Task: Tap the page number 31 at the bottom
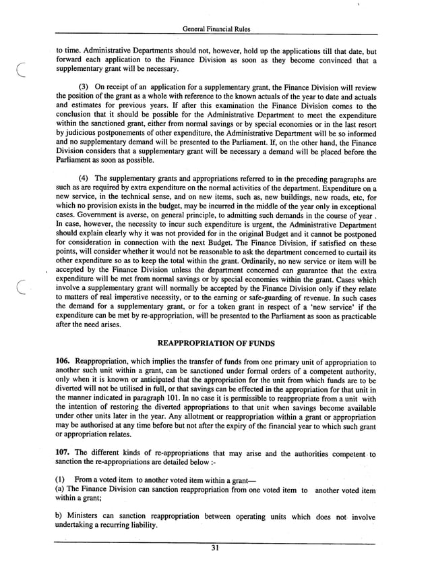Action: pos(215,548)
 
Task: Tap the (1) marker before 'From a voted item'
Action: pos(61,480)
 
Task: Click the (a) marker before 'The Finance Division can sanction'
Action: pos(61,490)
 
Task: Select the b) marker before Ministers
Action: pos(60,517)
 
